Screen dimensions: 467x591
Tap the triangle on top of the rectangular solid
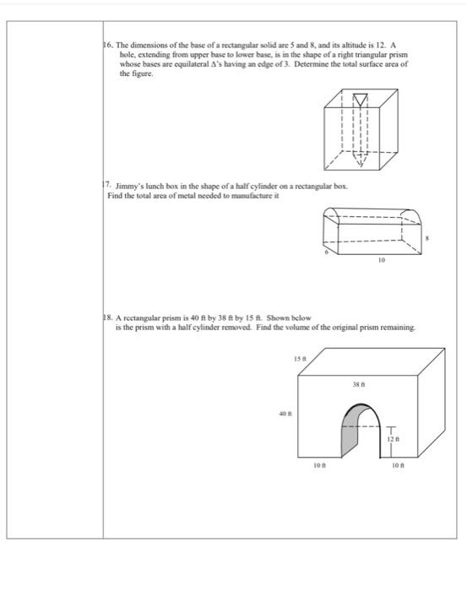pos(361,100)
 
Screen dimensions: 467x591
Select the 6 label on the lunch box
pos(325,252)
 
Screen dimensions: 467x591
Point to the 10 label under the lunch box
pos(381,262)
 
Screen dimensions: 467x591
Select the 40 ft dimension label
pos(284,413)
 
